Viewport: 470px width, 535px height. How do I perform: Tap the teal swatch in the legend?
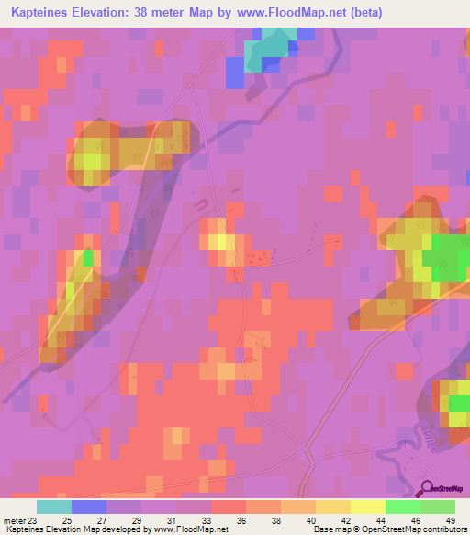click(54, 507)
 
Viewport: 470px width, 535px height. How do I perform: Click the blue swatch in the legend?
click(89, 507)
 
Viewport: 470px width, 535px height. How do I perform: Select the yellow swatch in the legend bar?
click(367, 507)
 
